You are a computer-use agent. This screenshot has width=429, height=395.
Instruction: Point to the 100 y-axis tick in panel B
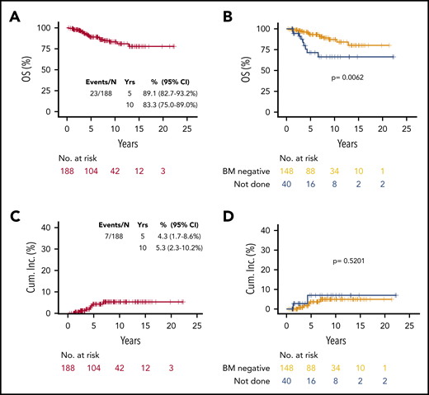(x=263, y=29)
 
